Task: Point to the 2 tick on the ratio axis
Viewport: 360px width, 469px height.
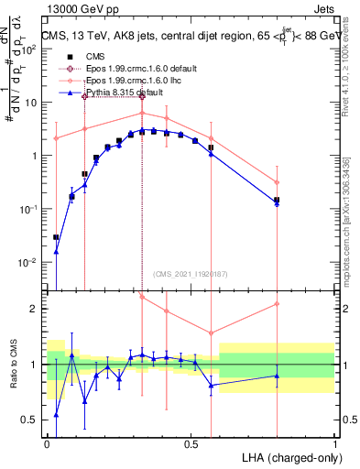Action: [35, 309]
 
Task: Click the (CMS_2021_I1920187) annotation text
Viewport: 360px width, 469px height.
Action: [189, 274]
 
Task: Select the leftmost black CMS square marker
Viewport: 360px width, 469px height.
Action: [56, 237]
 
